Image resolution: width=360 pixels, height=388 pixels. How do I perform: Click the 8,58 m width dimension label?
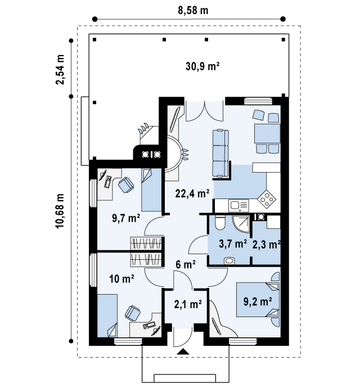pos(193,10)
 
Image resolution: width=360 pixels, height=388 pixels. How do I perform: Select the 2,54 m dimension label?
pos(60,70)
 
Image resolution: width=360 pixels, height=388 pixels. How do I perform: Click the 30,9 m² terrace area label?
pos(202,66)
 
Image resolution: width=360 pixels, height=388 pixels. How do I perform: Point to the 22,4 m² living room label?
pos(192,193)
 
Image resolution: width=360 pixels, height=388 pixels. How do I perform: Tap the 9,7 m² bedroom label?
pos(126,218)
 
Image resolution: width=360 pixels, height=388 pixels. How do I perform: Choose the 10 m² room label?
pos(122,279)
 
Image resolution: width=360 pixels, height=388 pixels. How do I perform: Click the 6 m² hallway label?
pos(186,264)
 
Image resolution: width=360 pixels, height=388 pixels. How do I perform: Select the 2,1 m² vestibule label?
pos(188,304)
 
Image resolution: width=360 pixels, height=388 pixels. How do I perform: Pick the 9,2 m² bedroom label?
pos(258,301)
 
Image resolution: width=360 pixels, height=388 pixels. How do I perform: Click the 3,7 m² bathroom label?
pos(233,243)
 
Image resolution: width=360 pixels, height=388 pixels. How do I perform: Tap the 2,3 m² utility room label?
pos(267,245)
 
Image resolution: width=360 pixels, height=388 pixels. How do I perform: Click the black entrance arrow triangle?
pos(183,351)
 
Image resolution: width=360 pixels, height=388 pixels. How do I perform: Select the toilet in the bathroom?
pos(219,222)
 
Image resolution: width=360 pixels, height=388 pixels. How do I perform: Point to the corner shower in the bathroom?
pos(241,224)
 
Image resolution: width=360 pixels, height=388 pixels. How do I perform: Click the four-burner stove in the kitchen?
pos(267,198)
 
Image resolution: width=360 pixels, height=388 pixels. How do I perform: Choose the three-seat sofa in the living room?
pos(220,154)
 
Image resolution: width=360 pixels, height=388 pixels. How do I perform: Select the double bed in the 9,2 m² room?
pos(258,300)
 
